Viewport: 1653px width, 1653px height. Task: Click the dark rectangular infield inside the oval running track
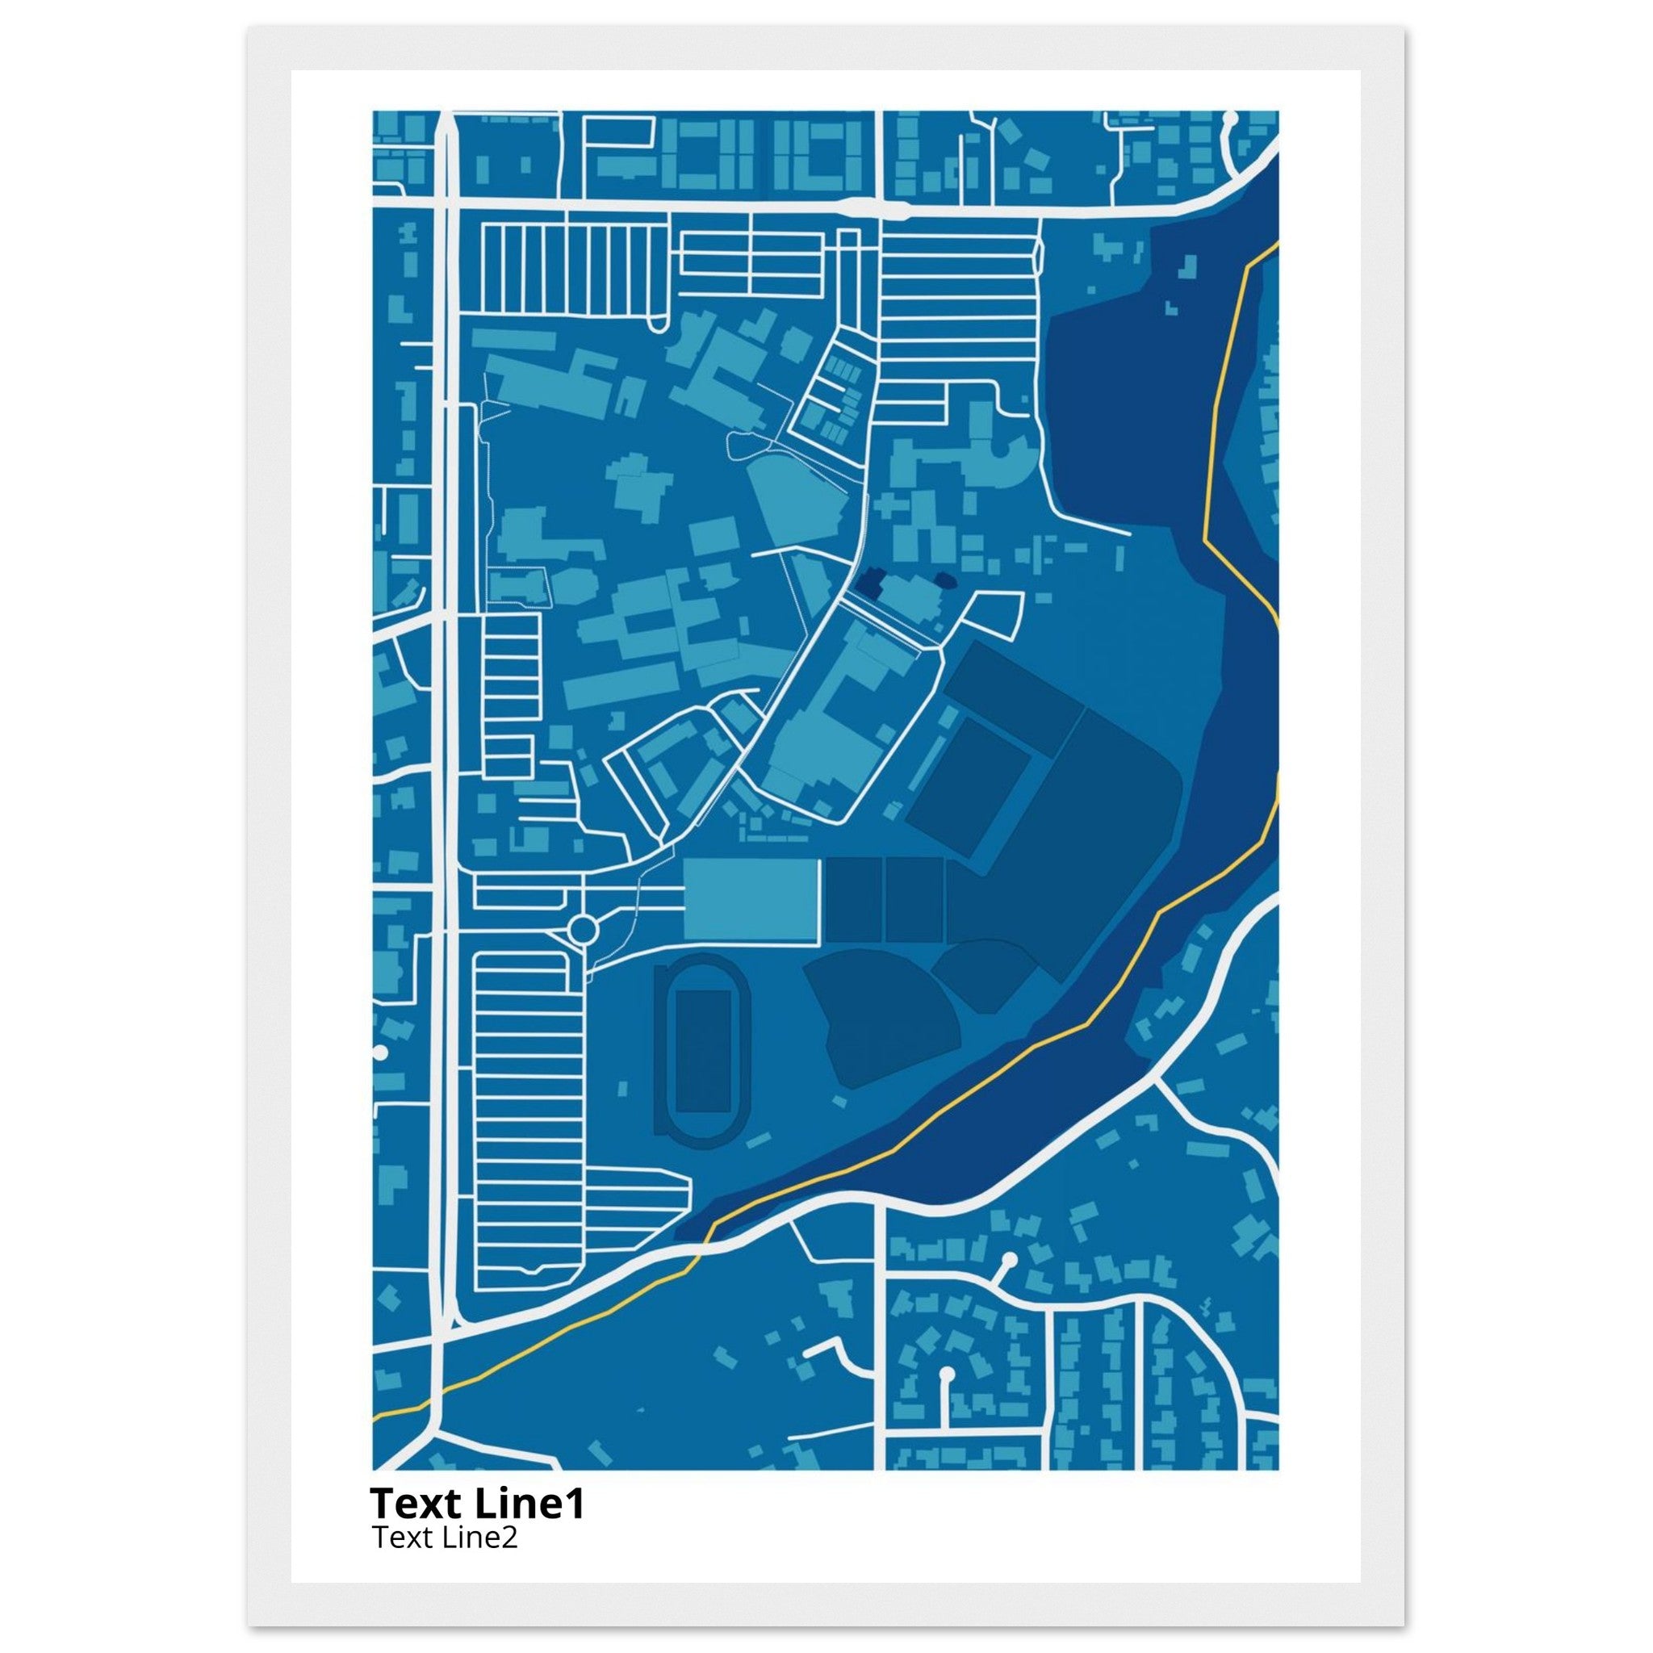703,1051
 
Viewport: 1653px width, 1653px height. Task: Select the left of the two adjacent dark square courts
852,900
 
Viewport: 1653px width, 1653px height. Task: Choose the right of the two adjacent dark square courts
914,900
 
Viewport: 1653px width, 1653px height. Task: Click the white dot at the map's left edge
380,1053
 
